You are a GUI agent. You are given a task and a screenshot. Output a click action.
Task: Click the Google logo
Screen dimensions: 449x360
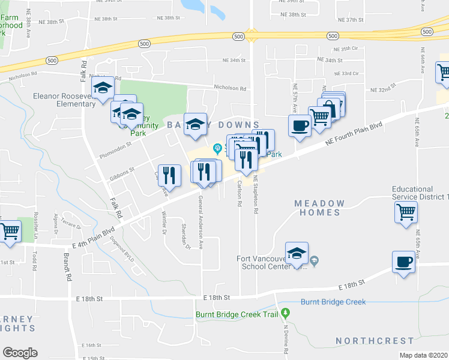[20, 353]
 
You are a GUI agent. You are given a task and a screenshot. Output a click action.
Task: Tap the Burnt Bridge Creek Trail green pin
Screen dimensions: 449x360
[286, 313]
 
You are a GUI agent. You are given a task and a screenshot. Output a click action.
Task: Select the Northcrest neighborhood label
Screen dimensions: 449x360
[366, 341]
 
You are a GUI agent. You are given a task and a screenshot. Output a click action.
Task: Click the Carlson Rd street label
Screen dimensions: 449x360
[240, 193]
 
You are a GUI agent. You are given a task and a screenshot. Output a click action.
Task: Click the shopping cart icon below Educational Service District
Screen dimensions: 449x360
[406, 211]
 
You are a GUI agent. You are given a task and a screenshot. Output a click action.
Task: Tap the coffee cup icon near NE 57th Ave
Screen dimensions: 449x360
[299, 125]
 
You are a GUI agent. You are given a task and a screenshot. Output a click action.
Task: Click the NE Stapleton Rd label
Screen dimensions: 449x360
[256, 190]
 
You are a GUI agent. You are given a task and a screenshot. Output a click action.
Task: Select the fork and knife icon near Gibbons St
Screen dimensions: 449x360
[169, 175]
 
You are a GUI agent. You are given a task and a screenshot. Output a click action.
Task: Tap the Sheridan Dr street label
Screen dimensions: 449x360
[185, 235]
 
